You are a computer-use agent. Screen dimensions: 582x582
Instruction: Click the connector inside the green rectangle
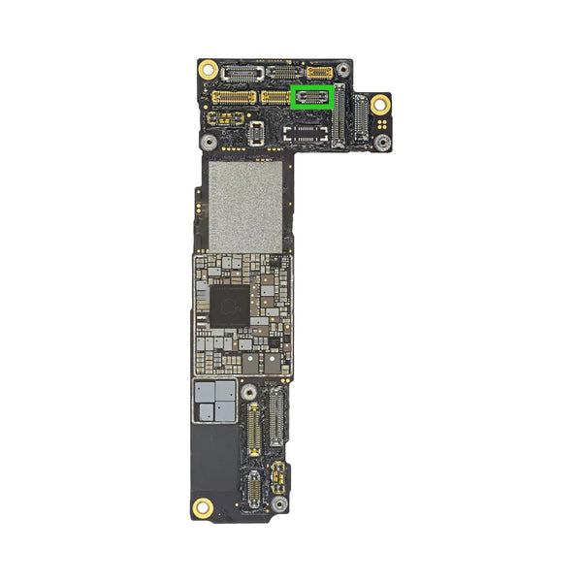click(313, 97)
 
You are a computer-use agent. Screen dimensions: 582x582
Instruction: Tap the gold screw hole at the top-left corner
click(208, 70)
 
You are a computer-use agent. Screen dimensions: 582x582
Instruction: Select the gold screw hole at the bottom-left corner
click(204, 505)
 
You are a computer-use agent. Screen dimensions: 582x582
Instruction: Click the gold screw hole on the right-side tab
click(381, 105)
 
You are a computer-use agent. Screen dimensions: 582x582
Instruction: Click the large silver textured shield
click(245, 205)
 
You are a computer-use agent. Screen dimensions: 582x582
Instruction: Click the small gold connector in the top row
click(319, 72)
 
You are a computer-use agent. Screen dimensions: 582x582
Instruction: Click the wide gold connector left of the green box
click(234, 97)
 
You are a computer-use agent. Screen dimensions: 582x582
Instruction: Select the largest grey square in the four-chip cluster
click(222, 392)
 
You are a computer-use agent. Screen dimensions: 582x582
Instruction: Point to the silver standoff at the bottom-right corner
click(282, 504)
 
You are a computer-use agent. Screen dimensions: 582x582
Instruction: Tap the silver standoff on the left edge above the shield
click(208, 141)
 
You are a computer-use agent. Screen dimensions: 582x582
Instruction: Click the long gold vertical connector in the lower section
click(254, 430)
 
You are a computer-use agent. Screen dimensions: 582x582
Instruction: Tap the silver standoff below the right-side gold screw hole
click(382, 142)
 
